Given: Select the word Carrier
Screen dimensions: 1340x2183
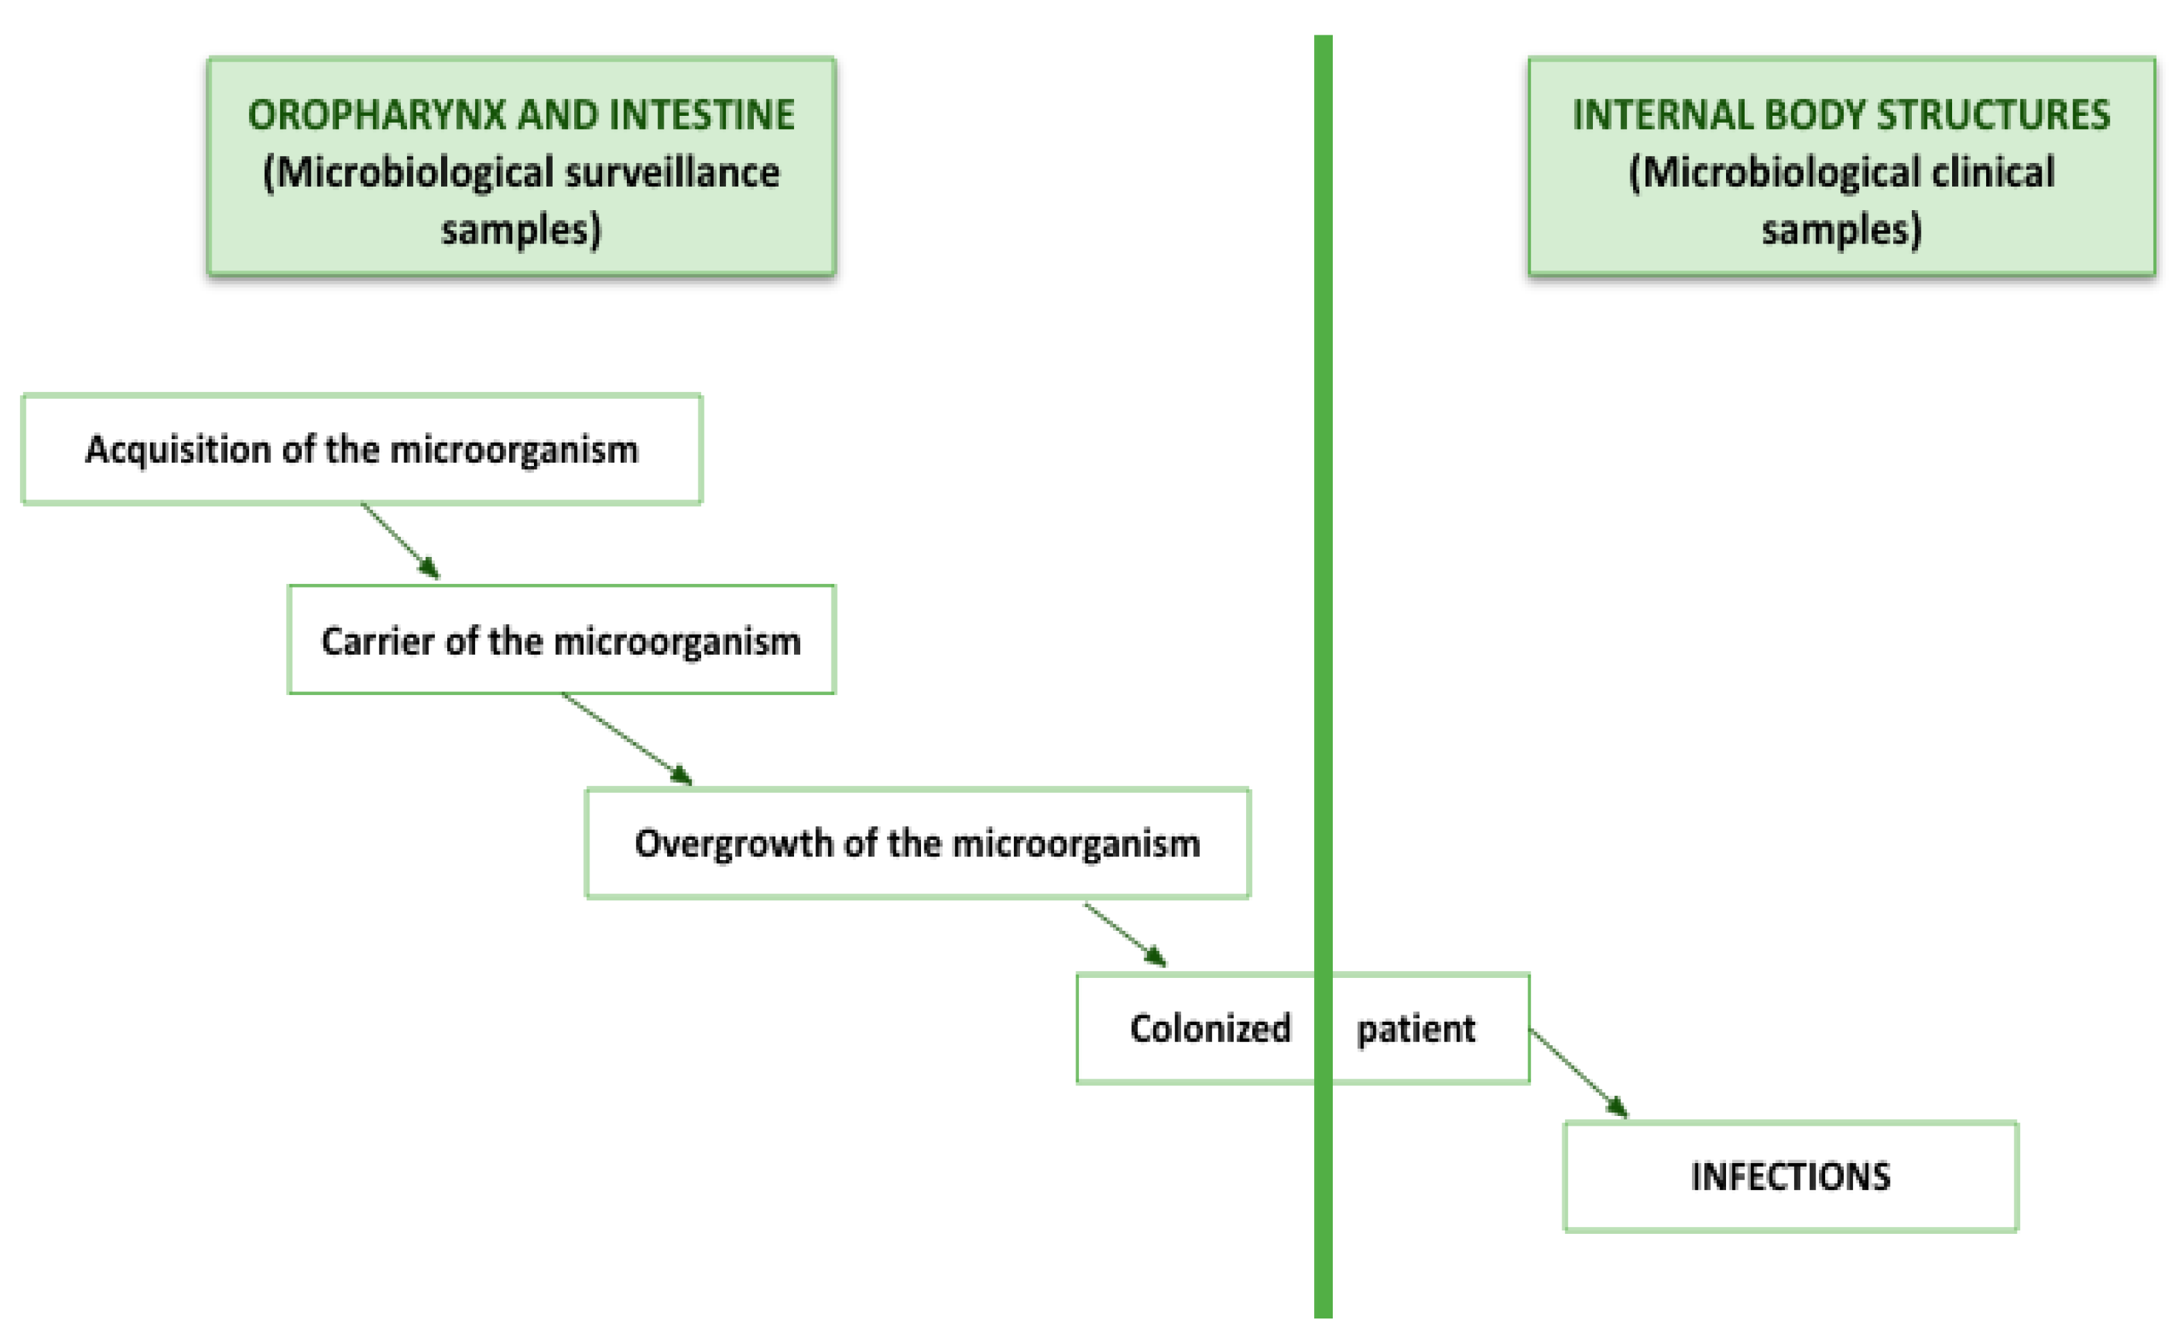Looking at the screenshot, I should coord(377,641).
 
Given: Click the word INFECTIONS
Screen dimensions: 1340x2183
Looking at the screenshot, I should coord(1791,1177).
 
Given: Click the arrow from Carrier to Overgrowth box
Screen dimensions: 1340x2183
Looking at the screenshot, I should coord(628,739).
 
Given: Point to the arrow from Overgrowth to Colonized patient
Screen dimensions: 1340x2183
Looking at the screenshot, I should coord(1125,935).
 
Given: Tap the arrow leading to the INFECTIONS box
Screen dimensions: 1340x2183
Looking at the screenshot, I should coord(1579,1073).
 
